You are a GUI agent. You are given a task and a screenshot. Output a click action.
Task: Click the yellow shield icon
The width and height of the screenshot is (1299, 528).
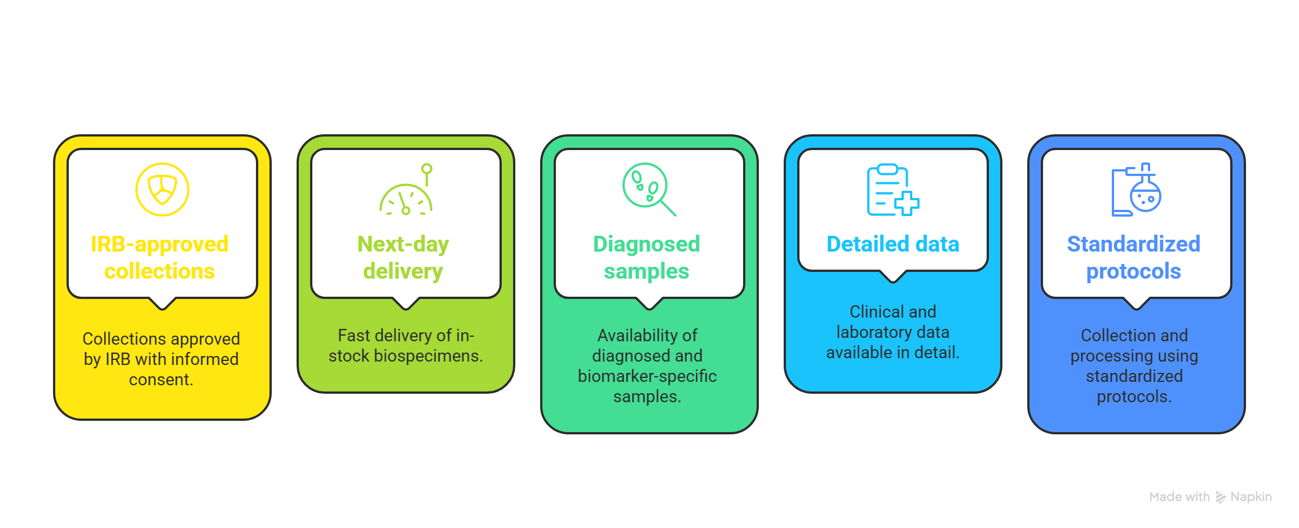click(x=162, y=190)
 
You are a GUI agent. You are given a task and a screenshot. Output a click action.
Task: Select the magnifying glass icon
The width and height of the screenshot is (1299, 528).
click(x=648, y=189)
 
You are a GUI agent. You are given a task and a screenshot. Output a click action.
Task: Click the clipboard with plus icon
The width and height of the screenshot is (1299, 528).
click(x=892, y=190)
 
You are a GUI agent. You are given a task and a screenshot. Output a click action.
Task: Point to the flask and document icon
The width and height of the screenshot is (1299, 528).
click(x=1136, y=190)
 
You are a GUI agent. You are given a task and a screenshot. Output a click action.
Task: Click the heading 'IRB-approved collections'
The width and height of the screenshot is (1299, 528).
click(x=160, y=257)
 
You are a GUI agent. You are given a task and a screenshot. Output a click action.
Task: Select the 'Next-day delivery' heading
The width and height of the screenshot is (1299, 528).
click(x=403, y=257)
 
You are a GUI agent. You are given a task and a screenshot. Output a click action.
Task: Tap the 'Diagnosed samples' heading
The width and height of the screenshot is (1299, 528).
click(x=647, y=257)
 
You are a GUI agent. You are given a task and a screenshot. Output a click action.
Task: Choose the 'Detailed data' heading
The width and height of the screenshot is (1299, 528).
click(x=892, y=244)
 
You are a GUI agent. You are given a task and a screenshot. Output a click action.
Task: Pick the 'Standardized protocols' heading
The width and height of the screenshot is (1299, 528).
click(x=1133, y=257)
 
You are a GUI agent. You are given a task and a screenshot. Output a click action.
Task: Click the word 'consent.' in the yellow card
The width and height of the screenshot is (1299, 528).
click(x=161, y=380)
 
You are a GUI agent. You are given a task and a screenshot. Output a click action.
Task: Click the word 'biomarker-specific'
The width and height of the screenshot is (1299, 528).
click(x=647, y=376)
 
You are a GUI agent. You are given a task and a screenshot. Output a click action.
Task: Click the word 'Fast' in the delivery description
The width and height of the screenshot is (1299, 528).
click(x=354, y=336)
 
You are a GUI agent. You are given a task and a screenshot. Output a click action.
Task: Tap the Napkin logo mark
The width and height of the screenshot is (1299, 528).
click(x=1221, y=497)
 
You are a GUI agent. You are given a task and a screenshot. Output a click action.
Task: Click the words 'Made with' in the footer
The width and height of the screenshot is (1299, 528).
click(x=1179, y=497)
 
